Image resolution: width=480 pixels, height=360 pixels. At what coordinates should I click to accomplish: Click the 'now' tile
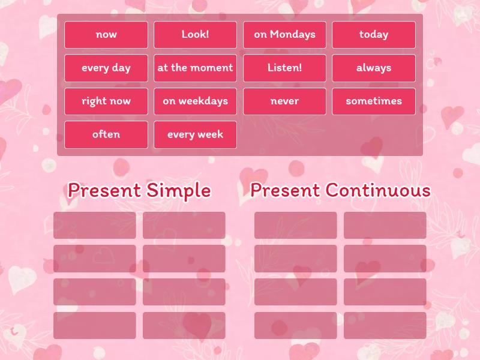[x=106, y=35]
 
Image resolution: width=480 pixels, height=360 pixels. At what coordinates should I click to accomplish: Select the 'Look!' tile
[x=195, y=35]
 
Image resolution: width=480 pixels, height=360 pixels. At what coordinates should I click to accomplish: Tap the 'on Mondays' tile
[x=284, y=35]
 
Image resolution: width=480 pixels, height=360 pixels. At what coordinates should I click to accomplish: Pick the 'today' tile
[x=373, y=35]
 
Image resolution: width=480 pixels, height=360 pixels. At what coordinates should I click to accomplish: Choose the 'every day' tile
[x=106, y=68]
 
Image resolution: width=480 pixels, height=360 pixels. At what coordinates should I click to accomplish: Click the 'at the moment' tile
[x=195, y=68]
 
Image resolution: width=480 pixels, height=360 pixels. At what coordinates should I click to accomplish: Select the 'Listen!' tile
[x=284, y=68]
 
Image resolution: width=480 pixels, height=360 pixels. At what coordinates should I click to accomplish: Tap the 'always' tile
[x=373, y=68]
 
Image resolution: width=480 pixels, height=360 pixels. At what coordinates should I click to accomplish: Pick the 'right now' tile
[x=106, y=101]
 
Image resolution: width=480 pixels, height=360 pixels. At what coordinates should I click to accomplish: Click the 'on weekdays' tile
[x=195, y=101]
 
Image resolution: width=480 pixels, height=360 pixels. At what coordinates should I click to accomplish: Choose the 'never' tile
[x=284, y=101]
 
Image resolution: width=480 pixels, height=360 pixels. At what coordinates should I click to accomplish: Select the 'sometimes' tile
[x=373, y=101]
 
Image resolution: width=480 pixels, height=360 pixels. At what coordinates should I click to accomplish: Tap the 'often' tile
[x=106, y=134]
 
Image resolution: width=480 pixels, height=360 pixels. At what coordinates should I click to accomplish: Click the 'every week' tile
[x=195, y=134]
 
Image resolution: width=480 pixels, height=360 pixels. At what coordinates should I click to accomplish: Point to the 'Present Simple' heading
[x=139, y=191]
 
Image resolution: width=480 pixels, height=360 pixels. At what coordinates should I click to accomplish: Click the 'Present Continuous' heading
[x=340, y=191]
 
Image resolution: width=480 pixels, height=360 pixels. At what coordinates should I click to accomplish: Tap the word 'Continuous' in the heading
[x=378, y=191]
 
